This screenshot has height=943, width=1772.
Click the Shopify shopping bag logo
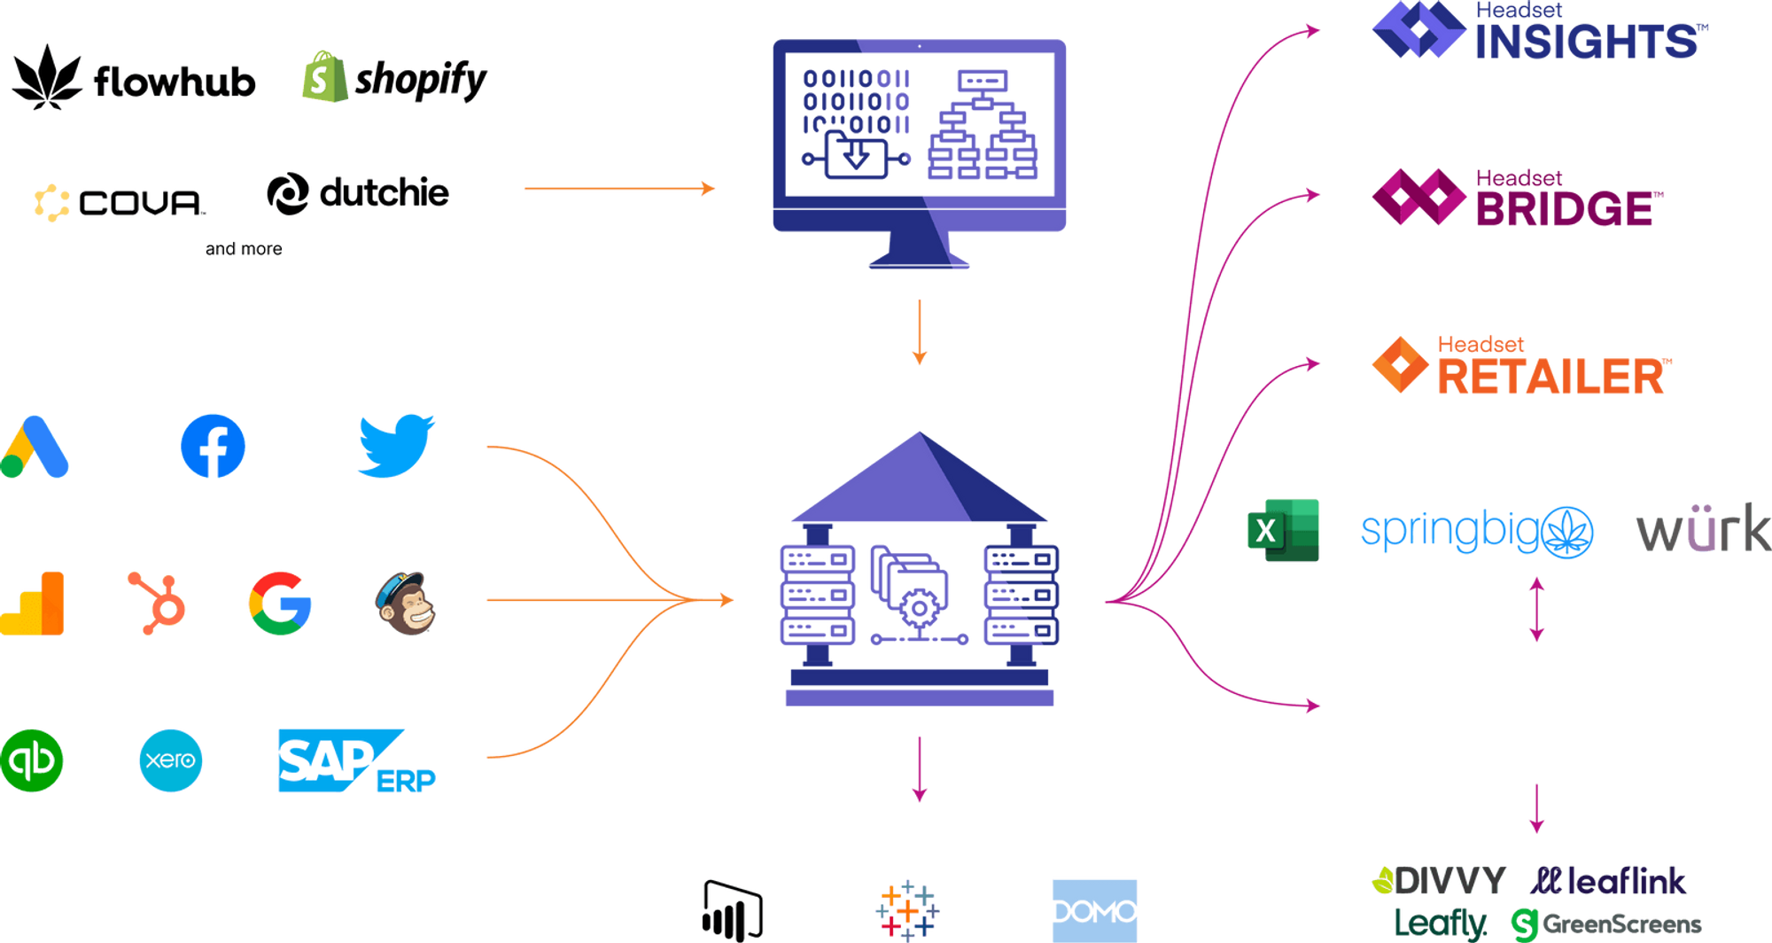(320, 77)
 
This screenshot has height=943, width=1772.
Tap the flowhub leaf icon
(46, 78)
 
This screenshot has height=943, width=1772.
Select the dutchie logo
(358, 193)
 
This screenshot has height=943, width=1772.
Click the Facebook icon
(213, 445)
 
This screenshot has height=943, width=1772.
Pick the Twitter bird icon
(396, 444)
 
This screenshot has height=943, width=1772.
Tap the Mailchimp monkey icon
(406, 603)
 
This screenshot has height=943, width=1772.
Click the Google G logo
(280, 603)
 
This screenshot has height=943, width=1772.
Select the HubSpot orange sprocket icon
(158, 603)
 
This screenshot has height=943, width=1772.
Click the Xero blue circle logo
(170, 760)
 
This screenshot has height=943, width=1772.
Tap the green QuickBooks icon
(32, 760)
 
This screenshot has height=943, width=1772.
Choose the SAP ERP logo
(354, 760)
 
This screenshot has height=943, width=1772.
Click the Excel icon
(1284, 530)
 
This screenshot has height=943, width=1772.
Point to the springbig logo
(1477, 531)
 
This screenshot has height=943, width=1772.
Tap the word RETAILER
(1552, 377)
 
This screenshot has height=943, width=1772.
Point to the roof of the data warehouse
(919, 479)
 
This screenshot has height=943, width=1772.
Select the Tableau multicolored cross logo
(905, 908)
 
